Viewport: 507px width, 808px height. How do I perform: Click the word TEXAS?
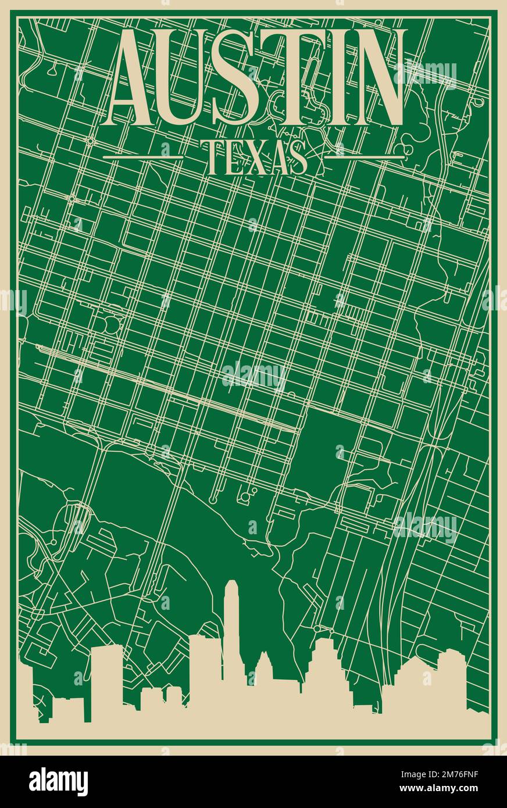[x=256, y=157]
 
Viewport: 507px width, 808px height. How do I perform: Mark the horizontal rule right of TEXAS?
[x=364, y=156]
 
